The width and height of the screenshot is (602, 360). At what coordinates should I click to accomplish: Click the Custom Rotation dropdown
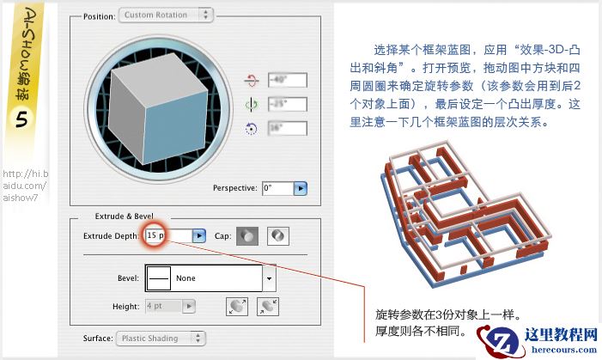tap(166, 15)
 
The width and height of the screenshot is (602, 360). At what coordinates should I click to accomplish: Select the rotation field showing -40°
tap(286, 82)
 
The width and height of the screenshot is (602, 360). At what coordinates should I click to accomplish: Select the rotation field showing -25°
tap(286, 106)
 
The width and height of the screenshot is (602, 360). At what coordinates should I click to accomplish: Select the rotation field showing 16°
tap(286, 130)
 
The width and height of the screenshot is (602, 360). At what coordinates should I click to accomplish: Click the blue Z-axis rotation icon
tap(252, 130)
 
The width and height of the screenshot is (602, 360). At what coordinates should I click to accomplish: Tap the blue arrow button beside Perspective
tap(301, 187)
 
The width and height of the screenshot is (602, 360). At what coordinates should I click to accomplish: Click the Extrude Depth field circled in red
tap(157, 235)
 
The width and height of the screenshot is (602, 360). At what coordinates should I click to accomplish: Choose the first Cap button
tap(247, 235)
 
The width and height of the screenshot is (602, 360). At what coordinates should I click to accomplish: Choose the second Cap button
tap(277, 235)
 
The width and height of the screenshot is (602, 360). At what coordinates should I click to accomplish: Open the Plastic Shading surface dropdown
tap(161, 339)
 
